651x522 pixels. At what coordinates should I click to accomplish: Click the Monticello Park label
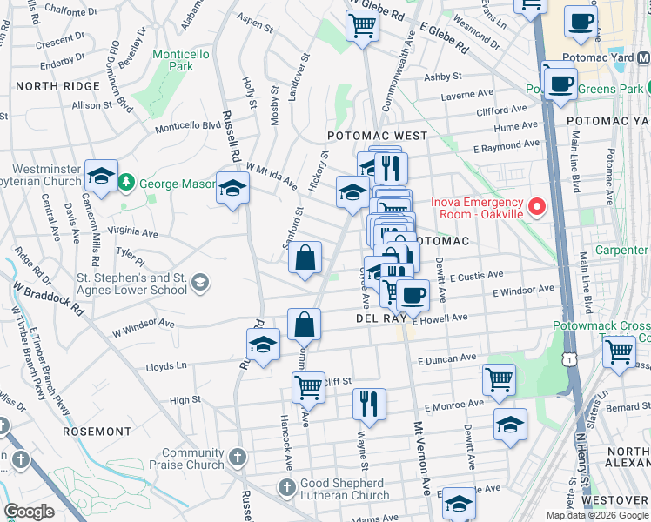pyautogui.click(x=180, y=60)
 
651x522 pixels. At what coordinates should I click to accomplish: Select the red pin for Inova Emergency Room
pyautogui.click(x=537, y=207)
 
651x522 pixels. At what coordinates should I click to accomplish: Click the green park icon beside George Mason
pyautogui.click(x=128, y=183)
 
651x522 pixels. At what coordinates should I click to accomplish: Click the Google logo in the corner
pyautogui.click(x=30, y=512)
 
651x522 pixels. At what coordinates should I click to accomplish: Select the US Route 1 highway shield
pyautogui.click(x=567, y=358)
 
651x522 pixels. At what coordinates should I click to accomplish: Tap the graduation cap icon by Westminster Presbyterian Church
pyautogui.click(x=102, y=175)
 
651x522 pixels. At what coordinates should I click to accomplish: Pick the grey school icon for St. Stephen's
pyautogui.click(x=201, y=281)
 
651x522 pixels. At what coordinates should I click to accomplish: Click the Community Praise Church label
pyautogui.click(x=192, y=458)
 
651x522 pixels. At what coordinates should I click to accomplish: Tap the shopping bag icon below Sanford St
pyautogui.click(x=305, y=258)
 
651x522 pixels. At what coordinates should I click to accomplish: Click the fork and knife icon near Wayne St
pyautogui.click(x=369, y=404)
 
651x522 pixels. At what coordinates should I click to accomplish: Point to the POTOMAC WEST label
pyautogui.click(x=377, y=136)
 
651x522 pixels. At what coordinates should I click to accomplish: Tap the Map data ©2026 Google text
pyautogui.click(x=596, y=515)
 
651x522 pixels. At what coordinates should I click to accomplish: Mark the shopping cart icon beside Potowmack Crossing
pyautogui.click(x=619, y=352)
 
